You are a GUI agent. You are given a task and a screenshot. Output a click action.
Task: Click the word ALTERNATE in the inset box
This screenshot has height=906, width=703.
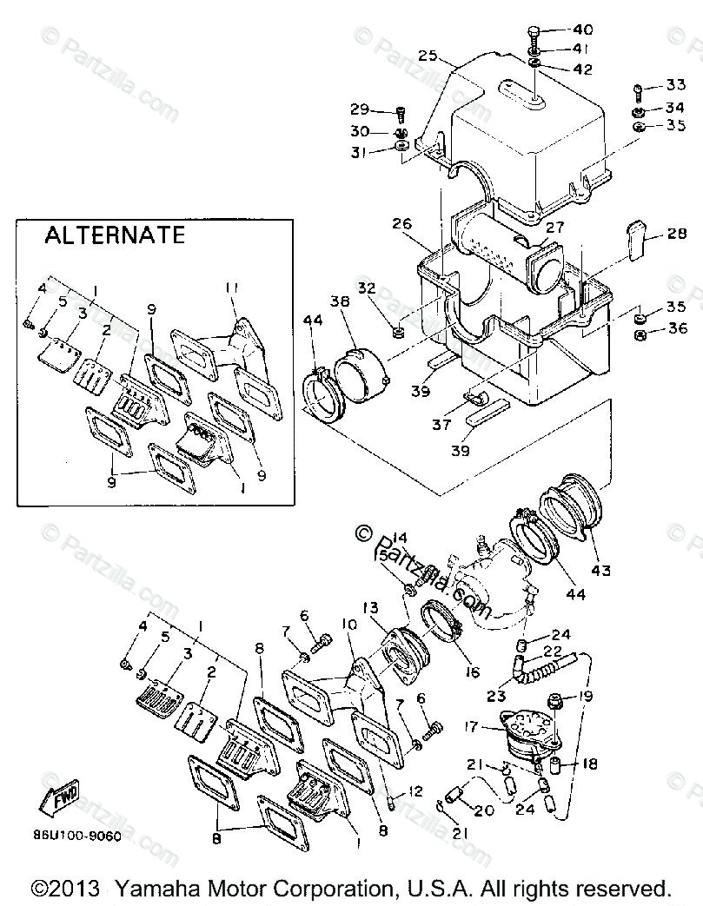coord(115,235)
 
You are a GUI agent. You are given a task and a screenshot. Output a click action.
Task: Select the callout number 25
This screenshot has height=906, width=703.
coord(426,54)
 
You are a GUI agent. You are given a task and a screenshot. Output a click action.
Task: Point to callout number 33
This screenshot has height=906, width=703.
coord(675,86)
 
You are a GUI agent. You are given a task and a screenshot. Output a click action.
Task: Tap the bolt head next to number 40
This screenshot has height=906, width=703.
coord(534,34)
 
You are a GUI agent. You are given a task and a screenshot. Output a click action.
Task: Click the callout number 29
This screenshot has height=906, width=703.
coord(360,109)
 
